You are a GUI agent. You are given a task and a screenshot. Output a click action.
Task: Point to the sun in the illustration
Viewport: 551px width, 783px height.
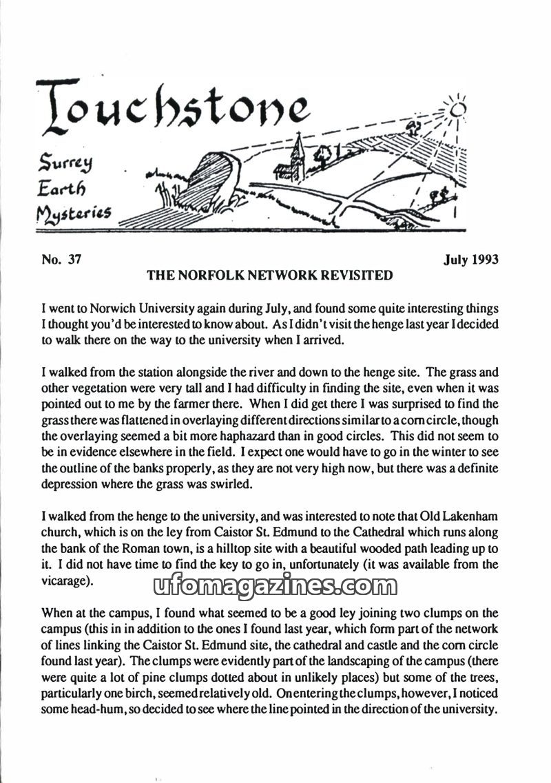click(458, 108)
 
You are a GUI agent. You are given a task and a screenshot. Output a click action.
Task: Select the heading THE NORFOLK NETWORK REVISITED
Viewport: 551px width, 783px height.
click(270, 275)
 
